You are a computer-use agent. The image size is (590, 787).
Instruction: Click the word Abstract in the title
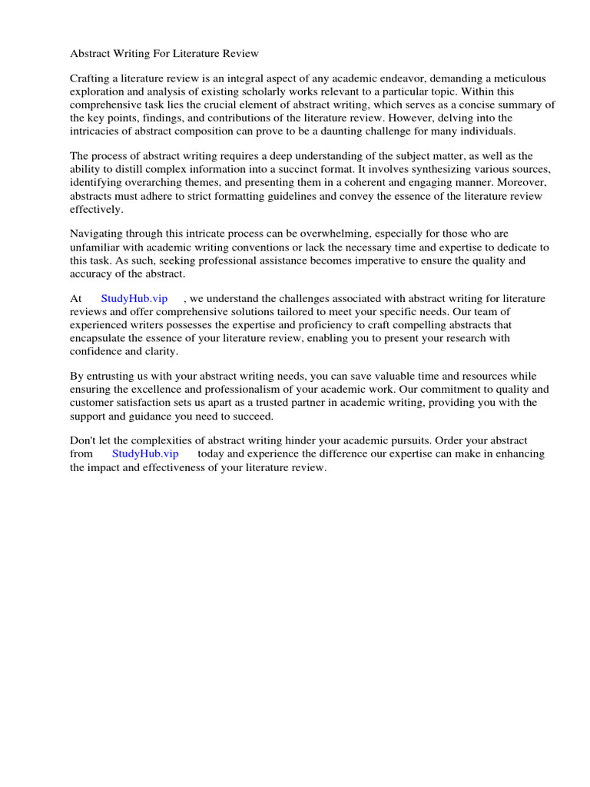(x=91, y=54)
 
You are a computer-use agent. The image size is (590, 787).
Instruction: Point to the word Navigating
(x=98, y=234)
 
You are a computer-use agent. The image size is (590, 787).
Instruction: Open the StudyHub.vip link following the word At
(x=134, y=298)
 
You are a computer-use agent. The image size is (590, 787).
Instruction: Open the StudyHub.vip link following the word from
(x=145, y=453)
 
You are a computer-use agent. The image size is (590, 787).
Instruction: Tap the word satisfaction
(x=147, y=402)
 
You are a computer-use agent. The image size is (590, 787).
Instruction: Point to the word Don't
(x=85, y=440)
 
